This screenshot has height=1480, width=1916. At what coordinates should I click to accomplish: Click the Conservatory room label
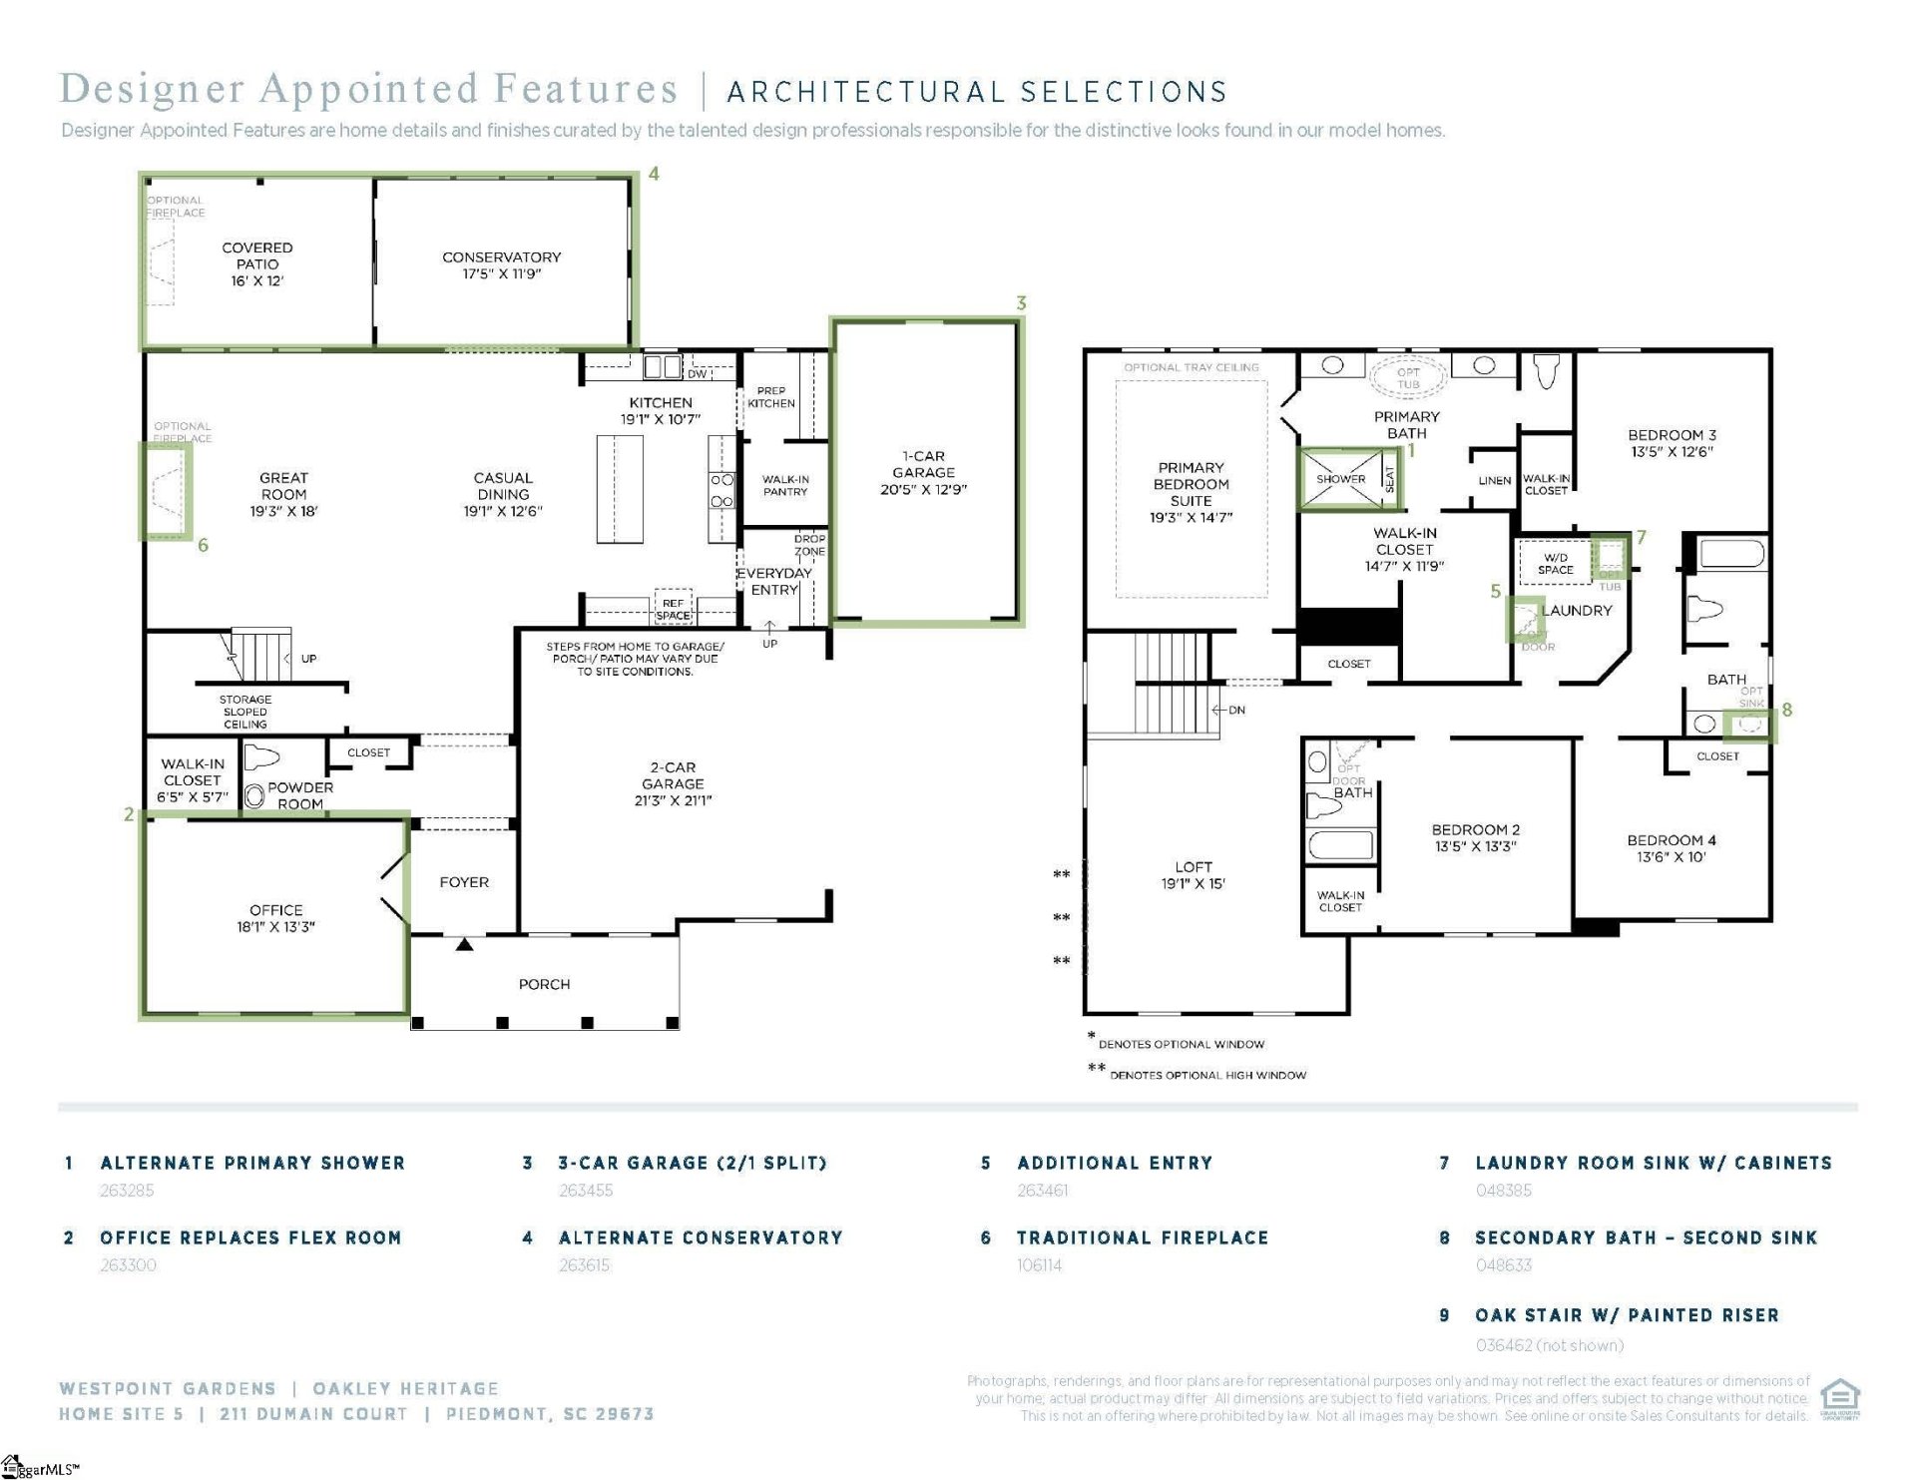(501, 257)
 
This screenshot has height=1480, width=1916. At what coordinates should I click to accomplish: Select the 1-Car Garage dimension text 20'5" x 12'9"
(923, 489)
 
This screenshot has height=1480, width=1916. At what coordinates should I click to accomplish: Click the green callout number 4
(654, 174)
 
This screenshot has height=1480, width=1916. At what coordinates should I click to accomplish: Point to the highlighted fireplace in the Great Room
(166, 491)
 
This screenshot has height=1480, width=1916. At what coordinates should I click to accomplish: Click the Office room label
(276, 910)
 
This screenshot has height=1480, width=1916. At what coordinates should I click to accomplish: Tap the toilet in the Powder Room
(262, 757)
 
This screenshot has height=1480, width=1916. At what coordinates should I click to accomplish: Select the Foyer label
(464, 882)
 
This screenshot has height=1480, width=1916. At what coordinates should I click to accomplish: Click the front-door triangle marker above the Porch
(464, 943)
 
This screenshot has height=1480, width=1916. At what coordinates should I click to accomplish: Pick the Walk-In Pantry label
(785, 485)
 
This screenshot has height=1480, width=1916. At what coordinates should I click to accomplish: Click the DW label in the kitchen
(697, 374)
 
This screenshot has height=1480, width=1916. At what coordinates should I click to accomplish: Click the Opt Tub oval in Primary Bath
(1408, 377)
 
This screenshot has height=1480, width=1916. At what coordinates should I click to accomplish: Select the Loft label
(1193, 867)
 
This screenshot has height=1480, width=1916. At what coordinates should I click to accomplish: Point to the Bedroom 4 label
(1672, 840)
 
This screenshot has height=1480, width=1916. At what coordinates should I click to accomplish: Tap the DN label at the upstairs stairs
(1236, 710)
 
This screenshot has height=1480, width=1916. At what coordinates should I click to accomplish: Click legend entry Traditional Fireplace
(1143, 1237)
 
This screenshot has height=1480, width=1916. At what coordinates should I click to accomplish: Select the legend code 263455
(586, 1191)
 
